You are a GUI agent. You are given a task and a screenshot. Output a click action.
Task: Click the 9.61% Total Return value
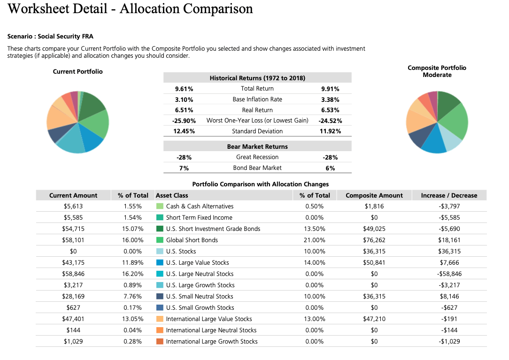184,89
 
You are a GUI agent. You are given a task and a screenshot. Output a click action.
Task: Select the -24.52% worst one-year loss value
330,121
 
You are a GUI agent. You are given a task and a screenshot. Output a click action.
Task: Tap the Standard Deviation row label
257,131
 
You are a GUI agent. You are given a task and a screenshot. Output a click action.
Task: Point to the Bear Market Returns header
257,146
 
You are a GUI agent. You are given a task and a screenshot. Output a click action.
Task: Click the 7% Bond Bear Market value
184,168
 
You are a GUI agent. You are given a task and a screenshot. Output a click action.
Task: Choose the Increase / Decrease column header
449,195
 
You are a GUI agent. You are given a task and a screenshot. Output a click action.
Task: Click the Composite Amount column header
374,195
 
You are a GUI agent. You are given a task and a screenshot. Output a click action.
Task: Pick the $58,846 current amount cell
73,274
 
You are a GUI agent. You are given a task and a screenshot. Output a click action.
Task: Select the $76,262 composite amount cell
374,240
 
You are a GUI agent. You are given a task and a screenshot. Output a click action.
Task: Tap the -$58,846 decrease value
449,274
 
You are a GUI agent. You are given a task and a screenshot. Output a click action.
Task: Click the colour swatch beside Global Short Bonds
160,240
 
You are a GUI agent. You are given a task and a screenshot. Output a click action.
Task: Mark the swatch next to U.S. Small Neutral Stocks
160,297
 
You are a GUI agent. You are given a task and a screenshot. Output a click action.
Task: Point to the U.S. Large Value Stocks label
198,263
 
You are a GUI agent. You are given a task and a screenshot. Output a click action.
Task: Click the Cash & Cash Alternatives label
200,207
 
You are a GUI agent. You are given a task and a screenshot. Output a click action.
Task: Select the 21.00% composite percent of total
315,240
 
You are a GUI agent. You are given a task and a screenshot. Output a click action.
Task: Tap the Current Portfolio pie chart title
77,71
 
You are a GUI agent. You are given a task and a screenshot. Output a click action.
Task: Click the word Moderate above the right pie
437,75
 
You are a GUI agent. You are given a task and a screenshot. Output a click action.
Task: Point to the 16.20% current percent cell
133,274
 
